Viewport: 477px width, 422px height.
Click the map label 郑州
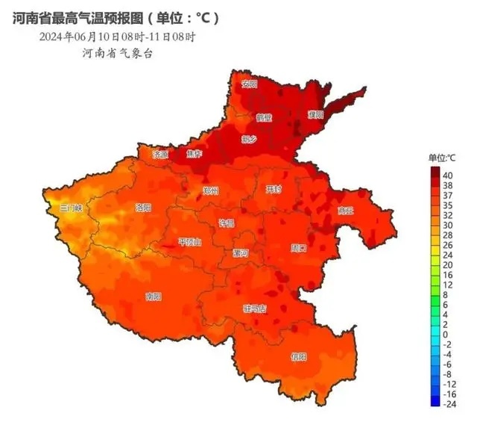point(211,190)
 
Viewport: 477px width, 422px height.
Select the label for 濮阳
point(315,114)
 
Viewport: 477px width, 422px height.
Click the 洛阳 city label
point(143,207)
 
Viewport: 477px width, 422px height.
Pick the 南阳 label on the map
point(153,297)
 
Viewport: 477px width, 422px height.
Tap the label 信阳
point(298,356)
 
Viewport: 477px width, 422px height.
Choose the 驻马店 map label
point(254,308)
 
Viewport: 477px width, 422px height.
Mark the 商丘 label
point(344,211)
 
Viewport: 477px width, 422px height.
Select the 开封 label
point(274,190)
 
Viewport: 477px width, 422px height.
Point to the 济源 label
point(160,155)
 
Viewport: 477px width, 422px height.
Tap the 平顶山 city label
point(190,242)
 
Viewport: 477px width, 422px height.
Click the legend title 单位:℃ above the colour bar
point(441,158)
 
